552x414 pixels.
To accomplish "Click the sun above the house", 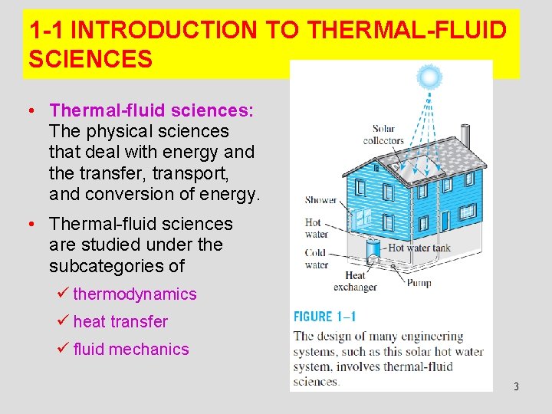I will point(429,77).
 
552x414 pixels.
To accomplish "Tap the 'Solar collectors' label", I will point(383,134).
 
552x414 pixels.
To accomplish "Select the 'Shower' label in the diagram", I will point(320,200).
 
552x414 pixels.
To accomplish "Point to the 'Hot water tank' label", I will point(419,248).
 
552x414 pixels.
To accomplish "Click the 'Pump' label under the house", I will point(419,283).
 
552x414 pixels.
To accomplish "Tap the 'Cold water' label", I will point(316,258).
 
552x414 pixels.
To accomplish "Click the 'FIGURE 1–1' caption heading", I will point(325,317).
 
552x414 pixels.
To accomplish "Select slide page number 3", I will point(516,386).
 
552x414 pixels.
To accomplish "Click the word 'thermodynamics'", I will point(135,294).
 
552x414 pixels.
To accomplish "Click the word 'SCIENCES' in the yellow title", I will point(90,58).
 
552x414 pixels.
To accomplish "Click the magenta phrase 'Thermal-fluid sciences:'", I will point(150,110).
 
